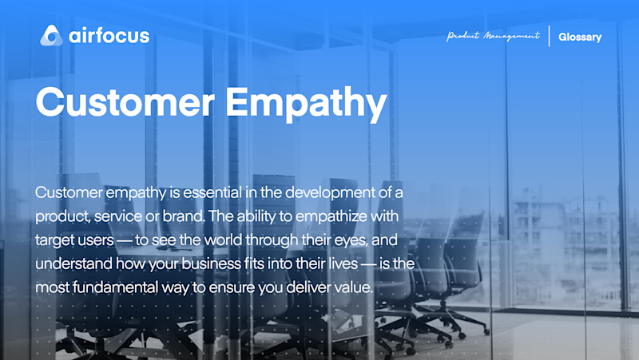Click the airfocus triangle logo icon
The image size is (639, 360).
51,35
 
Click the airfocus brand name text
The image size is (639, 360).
109,35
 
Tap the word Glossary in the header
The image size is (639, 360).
580,37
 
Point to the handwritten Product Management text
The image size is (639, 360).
493,36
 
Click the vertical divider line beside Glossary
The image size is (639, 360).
549,36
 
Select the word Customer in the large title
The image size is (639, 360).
125,102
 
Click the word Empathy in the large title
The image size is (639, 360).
306,105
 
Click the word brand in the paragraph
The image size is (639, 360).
183,216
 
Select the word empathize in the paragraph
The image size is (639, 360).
331,216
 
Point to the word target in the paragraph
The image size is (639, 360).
53,240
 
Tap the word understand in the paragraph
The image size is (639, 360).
73,263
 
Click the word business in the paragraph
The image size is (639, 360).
212,263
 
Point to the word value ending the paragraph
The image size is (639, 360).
353,287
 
